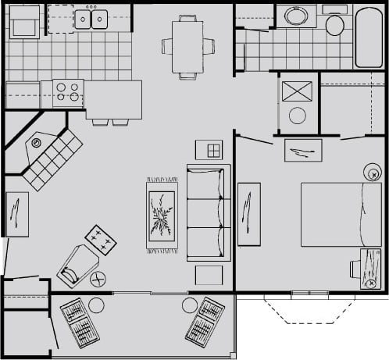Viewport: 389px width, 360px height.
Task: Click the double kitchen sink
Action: point(91,19)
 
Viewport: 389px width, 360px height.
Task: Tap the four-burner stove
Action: point(68,92)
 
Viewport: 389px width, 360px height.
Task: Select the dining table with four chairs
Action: point(187,46)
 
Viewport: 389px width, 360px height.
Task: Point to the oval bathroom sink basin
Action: point(298,16)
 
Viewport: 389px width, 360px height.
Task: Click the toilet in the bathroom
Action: point(335,23)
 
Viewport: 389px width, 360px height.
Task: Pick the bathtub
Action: point(368,37)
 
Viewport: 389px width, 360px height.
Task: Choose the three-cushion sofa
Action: point(209,212)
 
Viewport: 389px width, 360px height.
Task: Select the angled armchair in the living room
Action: point(77,265)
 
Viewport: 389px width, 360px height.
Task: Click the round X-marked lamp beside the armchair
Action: point(98,278)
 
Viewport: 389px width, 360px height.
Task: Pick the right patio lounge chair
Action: point(205,321)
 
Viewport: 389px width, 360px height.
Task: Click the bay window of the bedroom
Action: point(303,310)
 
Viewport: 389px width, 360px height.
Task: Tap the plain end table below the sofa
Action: point(209,275)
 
